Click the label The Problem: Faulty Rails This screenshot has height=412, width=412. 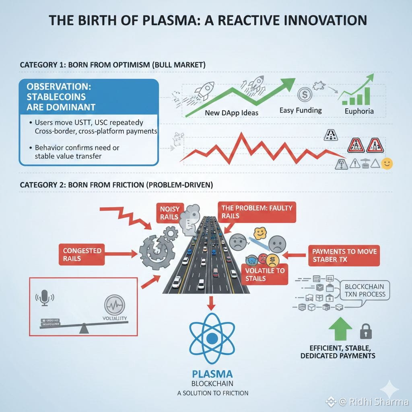point(256,212)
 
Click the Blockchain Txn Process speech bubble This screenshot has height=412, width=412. point(365,290)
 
